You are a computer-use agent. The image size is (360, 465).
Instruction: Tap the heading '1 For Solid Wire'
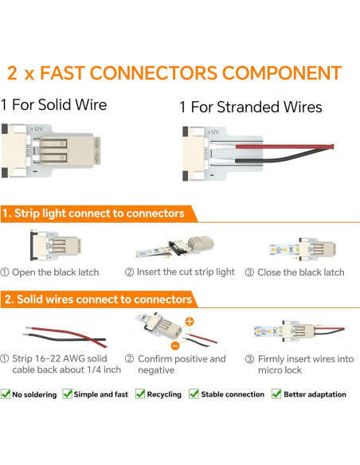53,104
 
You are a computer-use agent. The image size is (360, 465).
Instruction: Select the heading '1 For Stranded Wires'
251,107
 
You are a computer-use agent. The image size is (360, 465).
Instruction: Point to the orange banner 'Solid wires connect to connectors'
99,299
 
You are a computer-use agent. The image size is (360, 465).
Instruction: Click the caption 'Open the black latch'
56,272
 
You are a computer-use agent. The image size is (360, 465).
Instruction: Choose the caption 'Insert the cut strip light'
180,272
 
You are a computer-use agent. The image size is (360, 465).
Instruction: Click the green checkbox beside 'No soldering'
6,394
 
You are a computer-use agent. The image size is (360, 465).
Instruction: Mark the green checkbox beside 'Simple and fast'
68,394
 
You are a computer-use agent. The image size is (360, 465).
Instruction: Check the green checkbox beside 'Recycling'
140,394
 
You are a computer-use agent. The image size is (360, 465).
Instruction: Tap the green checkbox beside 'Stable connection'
196,394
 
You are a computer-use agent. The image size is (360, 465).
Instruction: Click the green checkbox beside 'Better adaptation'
276,394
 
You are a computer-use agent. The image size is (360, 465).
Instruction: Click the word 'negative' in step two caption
156,371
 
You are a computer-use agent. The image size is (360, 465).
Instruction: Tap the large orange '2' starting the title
12,74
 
